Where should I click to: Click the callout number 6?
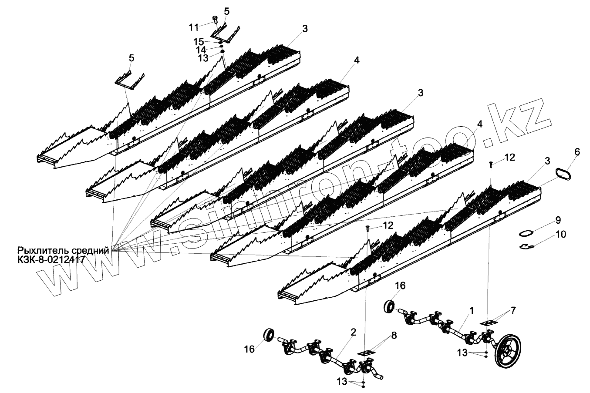coord(577,152)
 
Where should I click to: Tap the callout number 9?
coord(558,220)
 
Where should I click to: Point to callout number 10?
coord(560,235)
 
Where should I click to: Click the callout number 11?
coord(194,27)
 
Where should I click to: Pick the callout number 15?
coord(198,42)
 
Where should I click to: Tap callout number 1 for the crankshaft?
coord(471,311)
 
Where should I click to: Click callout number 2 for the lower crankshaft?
coord(353,332)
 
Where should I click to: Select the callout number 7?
coord(514,311)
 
